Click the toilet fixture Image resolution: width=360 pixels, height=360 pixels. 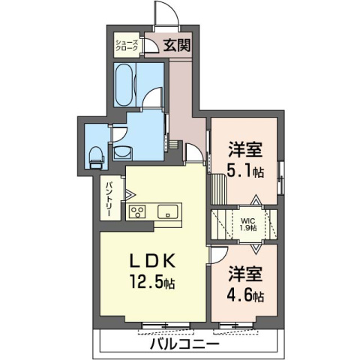(95, 156)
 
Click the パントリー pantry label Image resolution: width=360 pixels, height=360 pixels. (109, 198)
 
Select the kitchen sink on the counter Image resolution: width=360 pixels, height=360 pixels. (166, 210)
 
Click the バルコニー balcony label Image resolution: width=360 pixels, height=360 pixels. (184, 344)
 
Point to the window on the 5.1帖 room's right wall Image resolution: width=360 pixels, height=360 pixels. (280, 172)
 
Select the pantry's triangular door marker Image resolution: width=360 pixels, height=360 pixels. (118, 193)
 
